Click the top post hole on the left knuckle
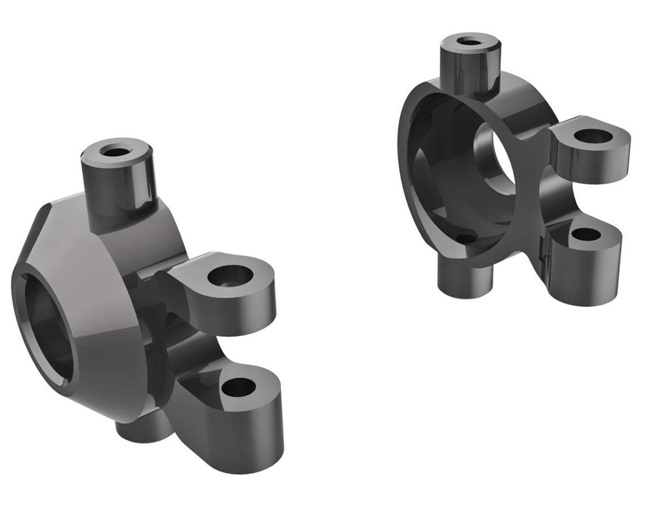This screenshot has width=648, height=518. pos(113,152)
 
